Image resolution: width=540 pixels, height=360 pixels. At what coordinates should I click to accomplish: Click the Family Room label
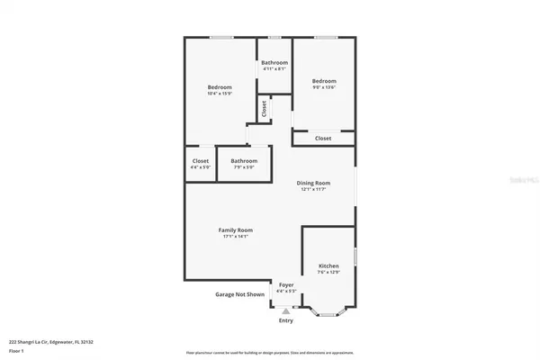[233, 230]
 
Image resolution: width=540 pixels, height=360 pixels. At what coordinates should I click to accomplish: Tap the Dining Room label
[314, 184]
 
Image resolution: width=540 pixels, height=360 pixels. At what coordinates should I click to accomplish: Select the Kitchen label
[328, 266]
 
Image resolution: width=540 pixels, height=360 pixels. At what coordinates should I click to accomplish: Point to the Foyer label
[285, 285]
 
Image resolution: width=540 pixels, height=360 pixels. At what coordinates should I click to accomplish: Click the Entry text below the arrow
[285, 320]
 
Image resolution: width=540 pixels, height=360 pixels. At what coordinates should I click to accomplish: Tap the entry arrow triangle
[285, 310]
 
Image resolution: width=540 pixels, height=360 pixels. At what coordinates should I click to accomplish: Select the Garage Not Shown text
[239, 294]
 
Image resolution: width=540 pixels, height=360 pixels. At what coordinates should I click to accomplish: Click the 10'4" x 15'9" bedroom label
[220, 87]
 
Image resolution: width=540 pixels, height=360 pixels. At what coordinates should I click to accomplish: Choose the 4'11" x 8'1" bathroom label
[274, 62]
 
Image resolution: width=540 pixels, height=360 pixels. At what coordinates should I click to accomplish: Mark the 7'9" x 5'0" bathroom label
[243, 161]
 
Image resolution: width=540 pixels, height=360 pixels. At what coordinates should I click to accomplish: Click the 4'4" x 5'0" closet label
[200, 161]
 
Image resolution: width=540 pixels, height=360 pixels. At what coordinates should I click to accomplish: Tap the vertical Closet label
[264, 109]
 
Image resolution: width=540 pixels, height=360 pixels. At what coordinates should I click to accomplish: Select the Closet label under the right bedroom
[323, 139]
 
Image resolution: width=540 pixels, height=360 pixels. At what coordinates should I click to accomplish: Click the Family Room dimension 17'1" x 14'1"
[233, 237]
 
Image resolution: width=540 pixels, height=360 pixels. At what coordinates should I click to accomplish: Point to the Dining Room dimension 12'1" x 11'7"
[314, 190]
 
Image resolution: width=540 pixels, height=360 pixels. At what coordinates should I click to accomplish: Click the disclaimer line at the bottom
[270, 353]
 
